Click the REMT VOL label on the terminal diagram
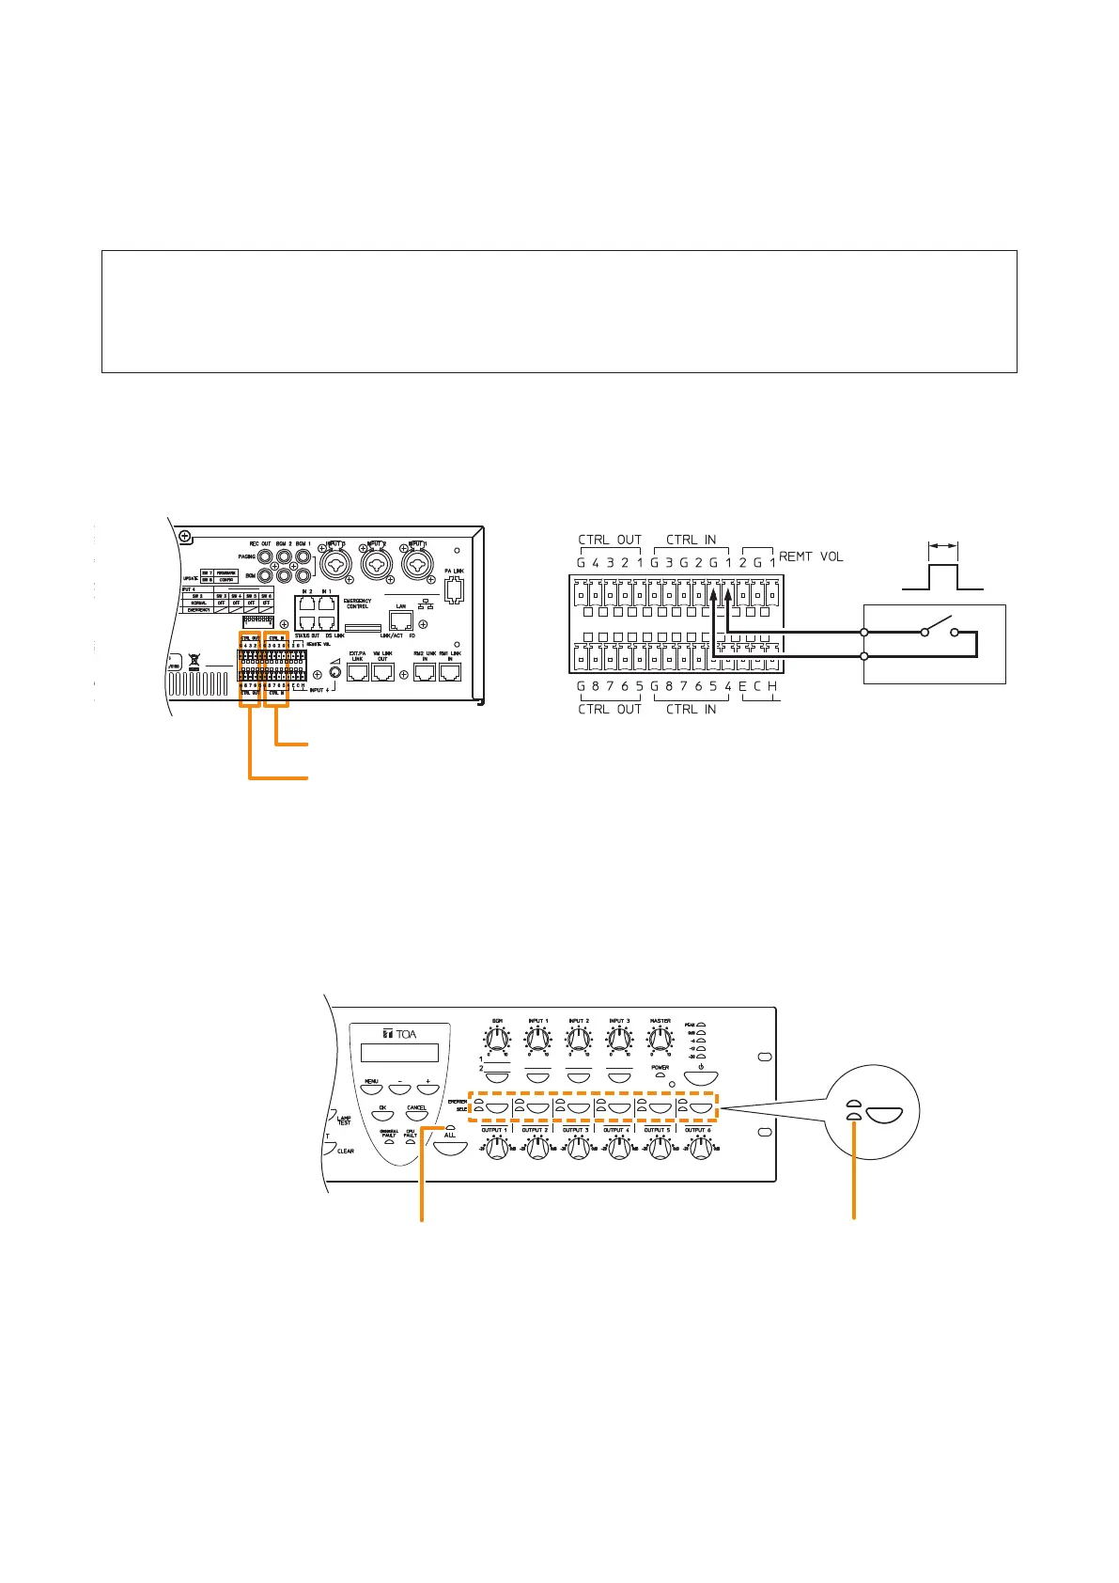tap(811, 556)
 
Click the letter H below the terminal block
tap(772, 687)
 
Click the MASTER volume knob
tap(661, 1040)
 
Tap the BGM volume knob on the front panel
tap(497, 1040)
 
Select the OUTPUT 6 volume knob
tap(700, 1148)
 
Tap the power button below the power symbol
tap(701, 1078)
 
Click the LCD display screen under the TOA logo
tap(400, 1053)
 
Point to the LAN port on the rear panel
tap(401, 620)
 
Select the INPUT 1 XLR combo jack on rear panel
tap(417, 563)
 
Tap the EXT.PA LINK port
tap(357, 673)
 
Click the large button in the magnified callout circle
tap(884, 1116)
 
